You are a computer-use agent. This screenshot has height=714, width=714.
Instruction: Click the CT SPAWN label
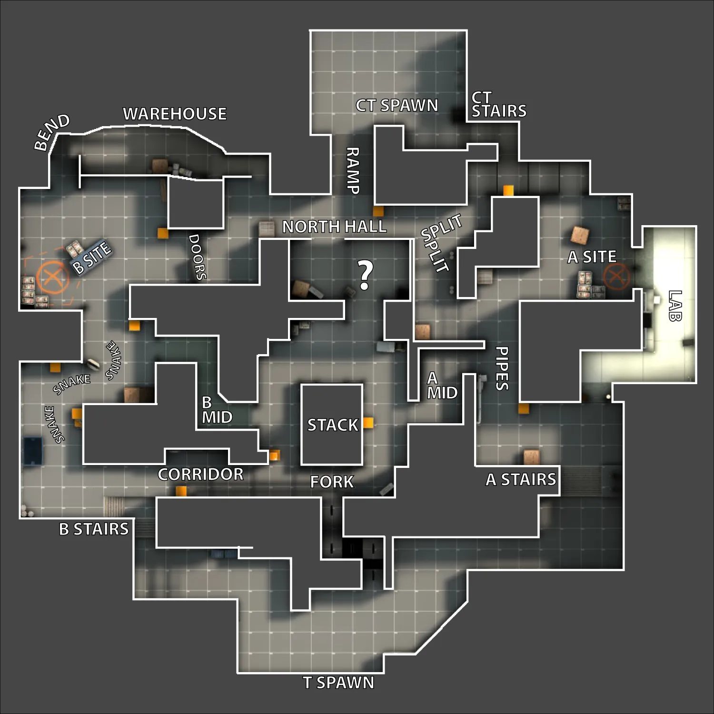tap(397, 105)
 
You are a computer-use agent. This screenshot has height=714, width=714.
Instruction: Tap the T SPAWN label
tap(338, 683)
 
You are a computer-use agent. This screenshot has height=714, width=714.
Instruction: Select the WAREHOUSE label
tap(175, 114)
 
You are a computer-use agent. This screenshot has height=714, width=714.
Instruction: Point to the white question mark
tap(365, 276)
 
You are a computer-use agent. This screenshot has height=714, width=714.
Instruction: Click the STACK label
tap(332, 425)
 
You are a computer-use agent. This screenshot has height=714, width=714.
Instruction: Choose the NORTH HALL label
tap(334, 227)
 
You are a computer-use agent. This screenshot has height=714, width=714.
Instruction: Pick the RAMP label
tap(352, 170)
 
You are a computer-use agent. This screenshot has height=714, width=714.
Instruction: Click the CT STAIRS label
tap(499, 105)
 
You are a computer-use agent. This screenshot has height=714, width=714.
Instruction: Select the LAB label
tap(675, 306)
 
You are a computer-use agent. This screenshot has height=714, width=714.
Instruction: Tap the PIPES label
tap(502, 368)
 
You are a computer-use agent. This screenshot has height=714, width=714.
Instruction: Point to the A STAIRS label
tap(521, 479)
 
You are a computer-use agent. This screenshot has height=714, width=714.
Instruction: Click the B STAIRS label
tap(94, 529)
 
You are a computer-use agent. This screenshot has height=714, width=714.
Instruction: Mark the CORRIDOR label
tap(200, 474)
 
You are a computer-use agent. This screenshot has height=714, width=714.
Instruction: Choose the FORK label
tap(332, 482)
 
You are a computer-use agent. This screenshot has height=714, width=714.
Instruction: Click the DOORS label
tap(198, 257)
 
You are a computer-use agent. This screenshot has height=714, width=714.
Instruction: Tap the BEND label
tap(52, 132)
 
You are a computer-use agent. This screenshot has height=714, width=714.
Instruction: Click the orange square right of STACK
tap(368, 423)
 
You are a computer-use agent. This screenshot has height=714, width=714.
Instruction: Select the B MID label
tap(217, 410)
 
